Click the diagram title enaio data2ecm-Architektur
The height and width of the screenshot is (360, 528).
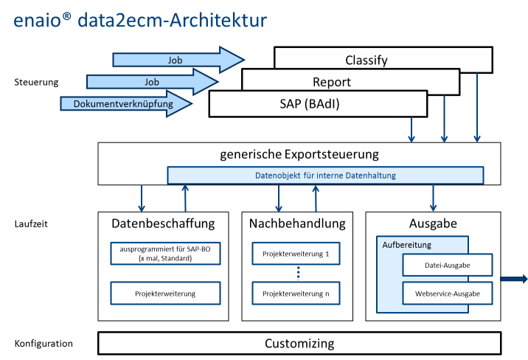pos(140,20)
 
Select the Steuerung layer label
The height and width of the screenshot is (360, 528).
pos(36,81)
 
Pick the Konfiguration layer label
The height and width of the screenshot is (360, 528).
pos(44,343)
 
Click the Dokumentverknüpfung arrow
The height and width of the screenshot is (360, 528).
pos(125,104)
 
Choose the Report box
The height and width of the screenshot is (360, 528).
pos(350,82)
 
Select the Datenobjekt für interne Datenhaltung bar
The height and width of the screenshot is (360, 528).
pos(325,176)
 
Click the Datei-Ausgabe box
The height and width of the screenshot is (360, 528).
pos(447,266)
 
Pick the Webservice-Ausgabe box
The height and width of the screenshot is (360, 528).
pos(447,294)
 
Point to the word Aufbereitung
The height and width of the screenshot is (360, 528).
pos(407,244)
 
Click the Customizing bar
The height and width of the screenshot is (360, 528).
pos(299,343)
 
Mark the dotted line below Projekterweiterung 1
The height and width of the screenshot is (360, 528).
pos(299,274)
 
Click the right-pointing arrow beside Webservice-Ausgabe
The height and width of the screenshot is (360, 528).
pos(514,279)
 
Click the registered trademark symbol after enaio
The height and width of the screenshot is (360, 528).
pos(67,15)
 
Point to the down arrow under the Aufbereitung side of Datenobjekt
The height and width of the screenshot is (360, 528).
pos(433,198)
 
